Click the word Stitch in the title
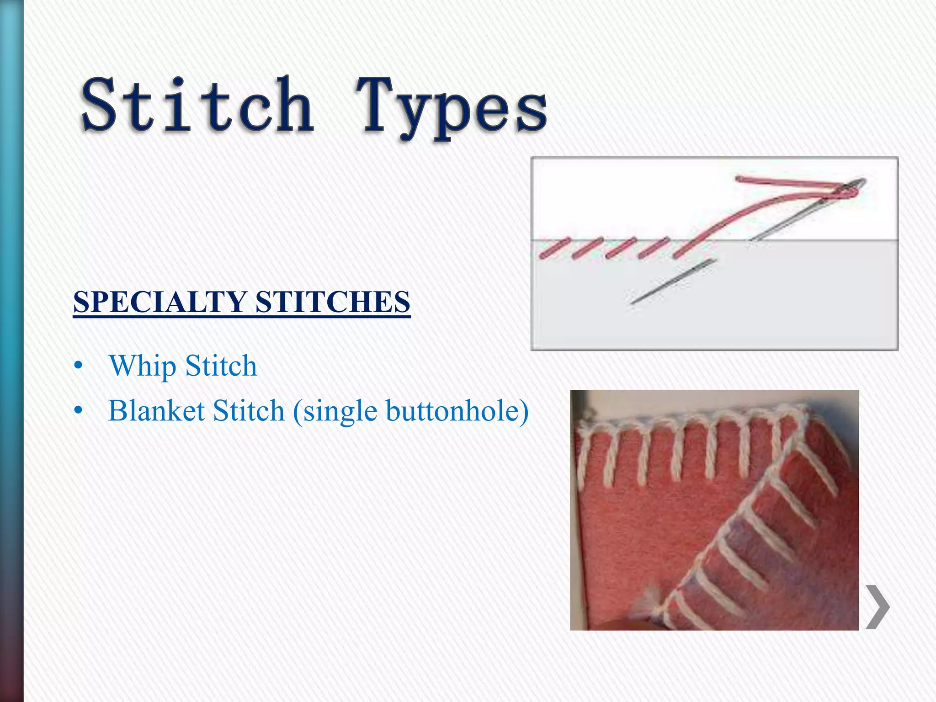197,105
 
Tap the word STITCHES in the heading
333,302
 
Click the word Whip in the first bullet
143,367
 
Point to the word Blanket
156,410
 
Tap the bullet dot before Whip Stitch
79,367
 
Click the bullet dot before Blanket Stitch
79,411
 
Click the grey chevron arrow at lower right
877,607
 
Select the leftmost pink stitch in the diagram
554,248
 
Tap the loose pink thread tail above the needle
777,181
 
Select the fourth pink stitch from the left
654,248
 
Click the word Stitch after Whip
221,367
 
